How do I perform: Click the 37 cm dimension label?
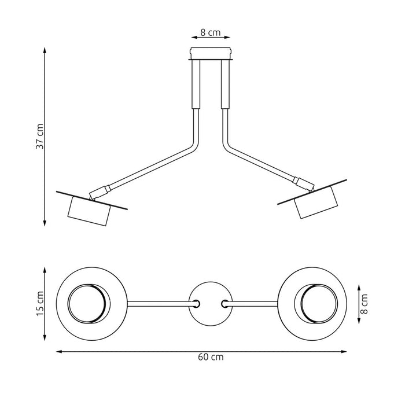tap(39, 137)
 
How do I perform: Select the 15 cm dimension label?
tap(39, 303)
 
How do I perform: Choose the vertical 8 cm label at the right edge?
tap(364, 300)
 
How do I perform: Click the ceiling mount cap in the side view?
tap(211, 53)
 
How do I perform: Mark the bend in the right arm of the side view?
tap(227, 145)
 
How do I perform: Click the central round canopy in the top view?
tap(211, 303)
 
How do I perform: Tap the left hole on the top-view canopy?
tap(197, 303)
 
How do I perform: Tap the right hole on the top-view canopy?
tap(224, 303)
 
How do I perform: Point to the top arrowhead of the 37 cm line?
tap(45, 50)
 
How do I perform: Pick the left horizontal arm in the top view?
tap(157, 303)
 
